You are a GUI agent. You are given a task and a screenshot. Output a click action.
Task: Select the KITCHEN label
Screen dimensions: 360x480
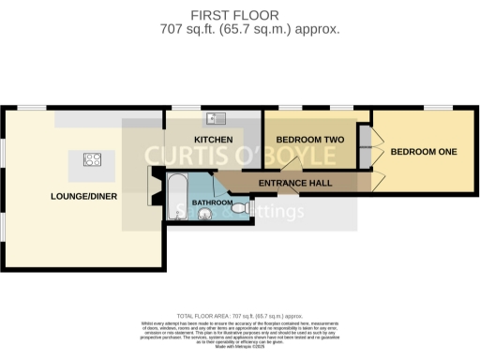[213, 139]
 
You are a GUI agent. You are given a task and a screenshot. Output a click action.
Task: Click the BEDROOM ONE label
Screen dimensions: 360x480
[424, 152]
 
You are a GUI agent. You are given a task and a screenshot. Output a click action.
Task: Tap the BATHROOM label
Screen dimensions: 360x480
[212, 202]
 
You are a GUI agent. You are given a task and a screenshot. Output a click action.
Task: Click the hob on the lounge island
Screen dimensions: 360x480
[93, 160]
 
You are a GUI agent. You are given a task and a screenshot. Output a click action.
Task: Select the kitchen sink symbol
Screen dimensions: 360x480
[218, 118]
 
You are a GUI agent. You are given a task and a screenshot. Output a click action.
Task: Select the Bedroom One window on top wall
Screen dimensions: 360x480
[437, 108]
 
